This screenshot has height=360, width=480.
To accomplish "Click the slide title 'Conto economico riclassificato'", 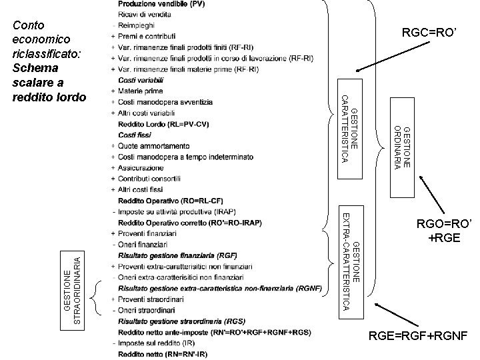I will coord(46,61).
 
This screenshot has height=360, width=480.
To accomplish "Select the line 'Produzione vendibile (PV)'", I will coord(161,5).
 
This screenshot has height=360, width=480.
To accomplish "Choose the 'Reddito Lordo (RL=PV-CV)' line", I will coord(163,125).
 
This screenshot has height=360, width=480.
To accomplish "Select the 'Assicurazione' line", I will coord(141,168).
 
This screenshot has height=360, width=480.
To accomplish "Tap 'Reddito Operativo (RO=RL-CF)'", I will coord(170,201).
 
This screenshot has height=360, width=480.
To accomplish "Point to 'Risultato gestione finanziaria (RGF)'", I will coord(177,255).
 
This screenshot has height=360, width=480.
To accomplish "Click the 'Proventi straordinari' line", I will coord(149,299).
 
